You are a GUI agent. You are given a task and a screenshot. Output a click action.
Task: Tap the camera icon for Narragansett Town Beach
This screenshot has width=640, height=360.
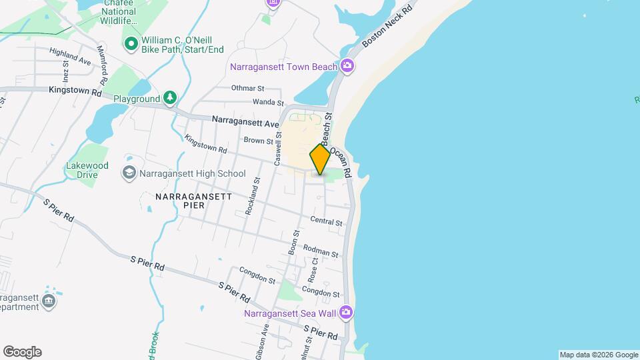tap(347, 65)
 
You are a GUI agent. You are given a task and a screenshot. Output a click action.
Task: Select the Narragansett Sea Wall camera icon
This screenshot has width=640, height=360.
tap(345, 311)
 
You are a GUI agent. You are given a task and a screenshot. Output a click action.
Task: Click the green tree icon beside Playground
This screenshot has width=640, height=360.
tap(171, 99)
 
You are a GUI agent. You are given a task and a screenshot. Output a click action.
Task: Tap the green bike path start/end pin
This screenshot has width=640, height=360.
tap(131, 45)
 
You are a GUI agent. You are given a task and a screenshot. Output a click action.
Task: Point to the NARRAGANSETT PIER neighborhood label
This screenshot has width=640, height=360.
tap(193, 201)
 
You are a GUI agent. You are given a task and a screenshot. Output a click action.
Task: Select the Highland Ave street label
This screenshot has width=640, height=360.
tap(69, 56)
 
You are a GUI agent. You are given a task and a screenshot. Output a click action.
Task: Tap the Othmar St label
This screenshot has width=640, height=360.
tap(248, 88)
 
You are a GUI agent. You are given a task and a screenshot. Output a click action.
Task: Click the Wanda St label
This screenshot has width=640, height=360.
tap(268, 102)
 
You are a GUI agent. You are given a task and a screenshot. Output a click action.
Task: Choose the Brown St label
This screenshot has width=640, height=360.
tap(259, 141)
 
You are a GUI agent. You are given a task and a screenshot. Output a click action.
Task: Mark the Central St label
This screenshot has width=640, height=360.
tap(326, 221)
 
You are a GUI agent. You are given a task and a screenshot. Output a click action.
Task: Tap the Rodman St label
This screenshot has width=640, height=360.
tap(321, 251)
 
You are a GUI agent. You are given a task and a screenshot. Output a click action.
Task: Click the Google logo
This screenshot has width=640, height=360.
tap(22, 352)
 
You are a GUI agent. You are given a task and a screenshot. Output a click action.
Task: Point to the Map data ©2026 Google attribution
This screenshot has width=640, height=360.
tap(598, 355)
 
